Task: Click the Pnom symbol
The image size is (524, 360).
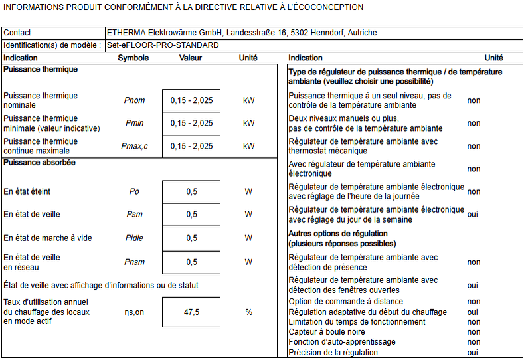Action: click(x=134, y=100)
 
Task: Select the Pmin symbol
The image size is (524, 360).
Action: click(x=134, y=123)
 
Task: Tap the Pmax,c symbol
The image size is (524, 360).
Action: click(x=135, y=146)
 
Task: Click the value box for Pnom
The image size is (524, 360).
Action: click(x=191, y=100)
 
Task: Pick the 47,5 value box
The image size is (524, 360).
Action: click(x=191, y=312)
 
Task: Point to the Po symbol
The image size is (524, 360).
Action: click(x=134, y=191)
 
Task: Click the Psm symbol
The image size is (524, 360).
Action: click(x=134, y=215)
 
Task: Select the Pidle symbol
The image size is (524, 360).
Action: click(x=134, y=238)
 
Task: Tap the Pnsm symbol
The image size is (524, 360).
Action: click(x=134, y=262)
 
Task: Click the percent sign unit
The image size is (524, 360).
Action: click(x=248, y=312)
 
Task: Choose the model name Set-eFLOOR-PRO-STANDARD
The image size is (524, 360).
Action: click(x=163, y=45)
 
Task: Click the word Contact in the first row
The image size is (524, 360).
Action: click(x=17, y=33)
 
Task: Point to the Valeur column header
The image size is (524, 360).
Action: click(x=191, y=58)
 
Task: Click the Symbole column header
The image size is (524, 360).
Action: click(x=133, y=58)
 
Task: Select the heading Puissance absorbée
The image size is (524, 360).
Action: click(x=39, y=163)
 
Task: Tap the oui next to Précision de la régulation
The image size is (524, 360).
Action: click(x=473, y=353)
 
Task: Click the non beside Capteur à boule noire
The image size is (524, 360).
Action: click(x=474, y=332)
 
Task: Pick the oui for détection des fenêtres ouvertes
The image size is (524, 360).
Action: click(x=473, y=285)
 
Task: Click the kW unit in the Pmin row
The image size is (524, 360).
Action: click(x=248, y=123)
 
